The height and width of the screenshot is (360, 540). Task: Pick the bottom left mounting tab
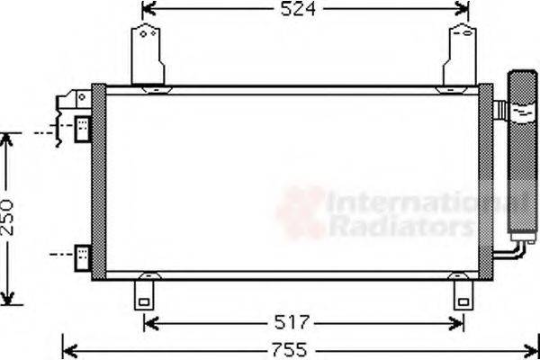tap(143, 293)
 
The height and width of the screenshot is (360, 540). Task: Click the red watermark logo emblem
tap(301, 212)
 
